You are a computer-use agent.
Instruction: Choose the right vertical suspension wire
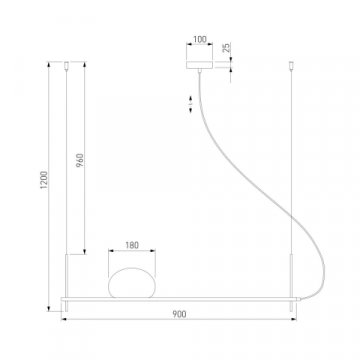(293, 170)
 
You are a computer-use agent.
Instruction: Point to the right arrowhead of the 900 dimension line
(297, 321)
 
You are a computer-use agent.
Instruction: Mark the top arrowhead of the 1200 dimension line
(47, 65)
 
